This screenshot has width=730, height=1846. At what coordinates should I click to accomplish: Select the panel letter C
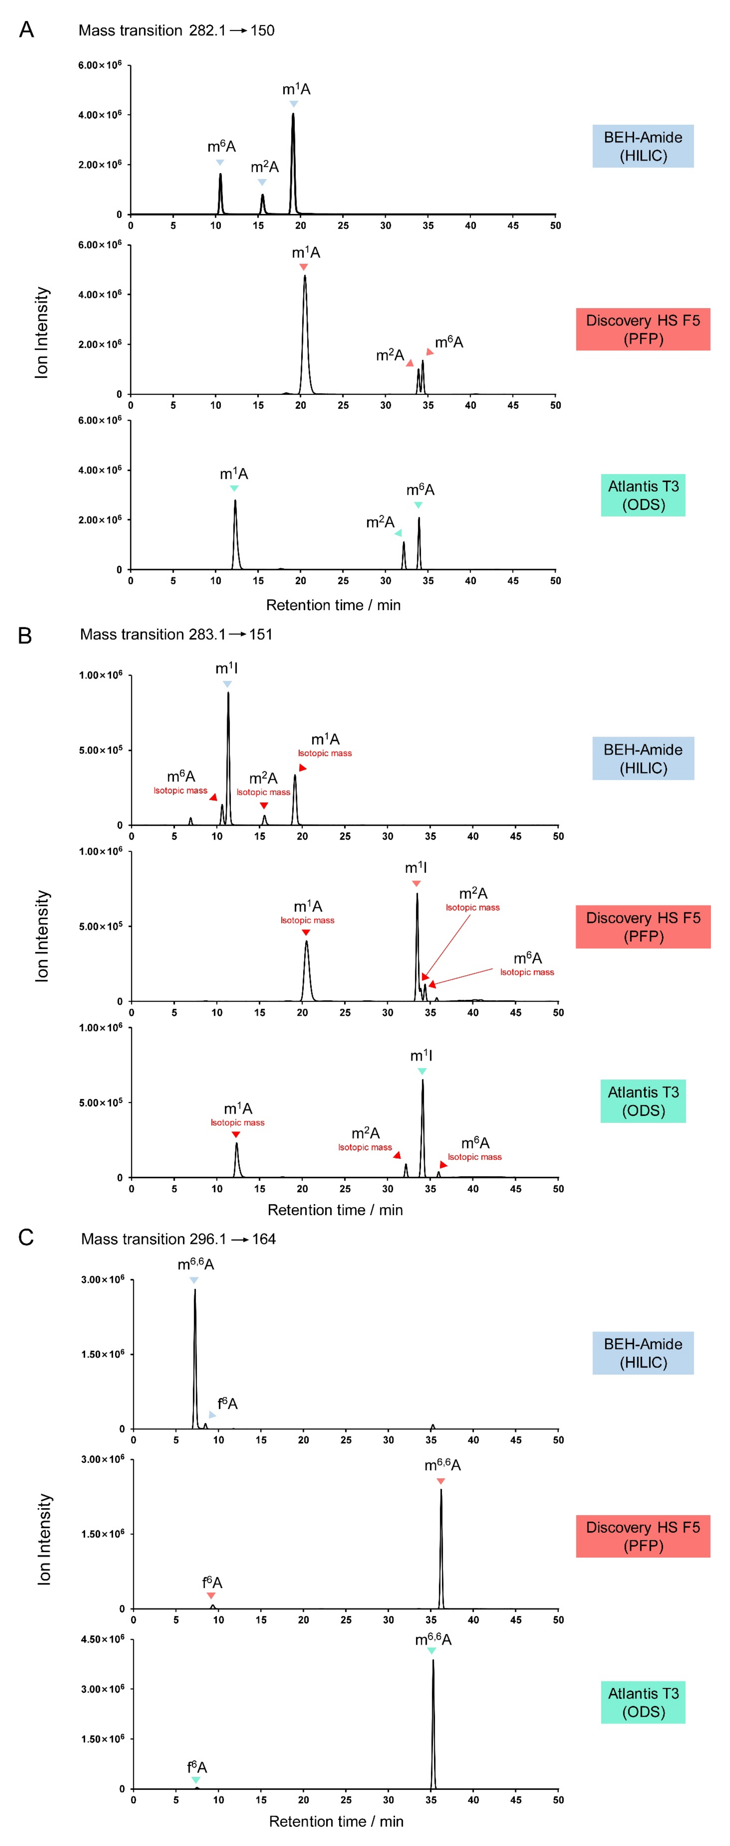pos(26,1237)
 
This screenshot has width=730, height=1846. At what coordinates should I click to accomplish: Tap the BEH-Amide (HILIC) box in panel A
pos(642,146)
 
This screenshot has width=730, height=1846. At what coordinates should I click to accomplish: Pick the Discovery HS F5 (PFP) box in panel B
pos(642,926)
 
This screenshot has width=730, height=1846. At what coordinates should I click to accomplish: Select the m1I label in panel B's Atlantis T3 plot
pos(421,1055)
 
